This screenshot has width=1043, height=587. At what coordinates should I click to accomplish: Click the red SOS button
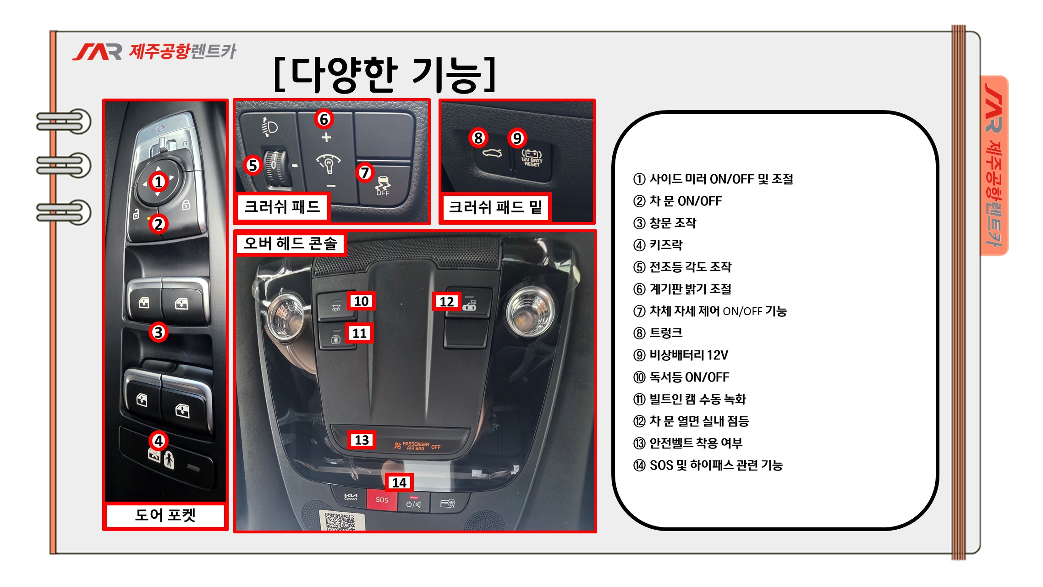(382, 499)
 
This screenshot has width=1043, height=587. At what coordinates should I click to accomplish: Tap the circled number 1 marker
(159, 182)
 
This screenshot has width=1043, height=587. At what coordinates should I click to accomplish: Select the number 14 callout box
(399, 482)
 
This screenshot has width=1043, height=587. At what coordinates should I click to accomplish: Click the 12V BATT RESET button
(532, 159)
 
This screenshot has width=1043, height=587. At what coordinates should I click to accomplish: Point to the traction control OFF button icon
(383, 186)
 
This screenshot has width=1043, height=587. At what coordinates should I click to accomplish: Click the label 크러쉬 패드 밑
(495, 207)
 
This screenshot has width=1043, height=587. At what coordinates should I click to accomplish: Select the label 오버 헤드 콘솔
(290, 243)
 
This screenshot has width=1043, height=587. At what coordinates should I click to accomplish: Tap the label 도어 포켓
(165, 515)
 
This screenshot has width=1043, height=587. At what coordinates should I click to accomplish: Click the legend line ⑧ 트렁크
(658, 333)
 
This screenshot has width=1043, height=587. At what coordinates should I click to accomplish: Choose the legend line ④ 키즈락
(658, 245)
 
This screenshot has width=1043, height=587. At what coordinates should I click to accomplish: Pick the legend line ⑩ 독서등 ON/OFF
(681, 377)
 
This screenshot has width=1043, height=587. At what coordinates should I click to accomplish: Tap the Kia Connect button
(351, 498)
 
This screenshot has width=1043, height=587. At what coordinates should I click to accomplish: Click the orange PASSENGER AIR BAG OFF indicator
(417, 446)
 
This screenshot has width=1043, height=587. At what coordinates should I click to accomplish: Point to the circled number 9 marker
(517, 138)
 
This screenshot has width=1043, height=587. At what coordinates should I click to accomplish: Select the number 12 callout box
(446, 301)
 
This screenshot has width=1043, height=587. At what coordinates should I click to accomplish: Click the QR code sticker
(341, 521)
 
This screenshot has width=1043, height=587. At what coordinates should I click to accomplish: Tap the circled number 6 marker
(324, 119)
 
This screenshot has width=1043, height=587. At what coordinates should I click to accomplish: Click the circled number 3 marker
(159, 332)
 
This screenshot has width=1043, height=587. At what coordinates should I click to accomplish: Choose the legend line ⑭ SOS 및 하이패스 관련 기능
(708, 465)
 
